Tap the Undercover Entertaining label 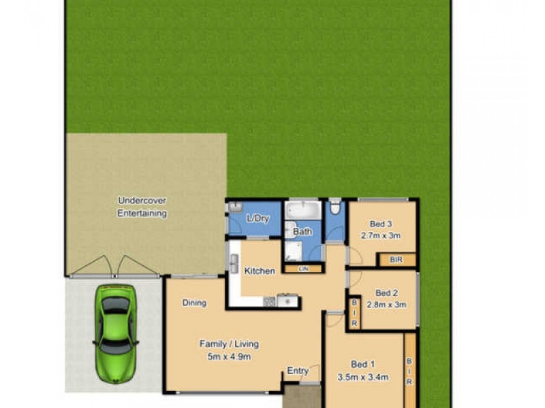coord(142,207)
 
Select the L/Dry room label coord(258,219)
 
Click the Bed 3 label coord(381,224)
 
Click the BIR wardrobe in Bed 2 coord(354,313)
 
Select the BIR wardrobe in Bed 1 coord(409,371)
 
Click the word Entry coord(298,371)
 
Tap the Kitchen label coord(260,271)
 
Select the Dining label coord(194,303)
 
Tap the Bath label coord(302,231)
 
